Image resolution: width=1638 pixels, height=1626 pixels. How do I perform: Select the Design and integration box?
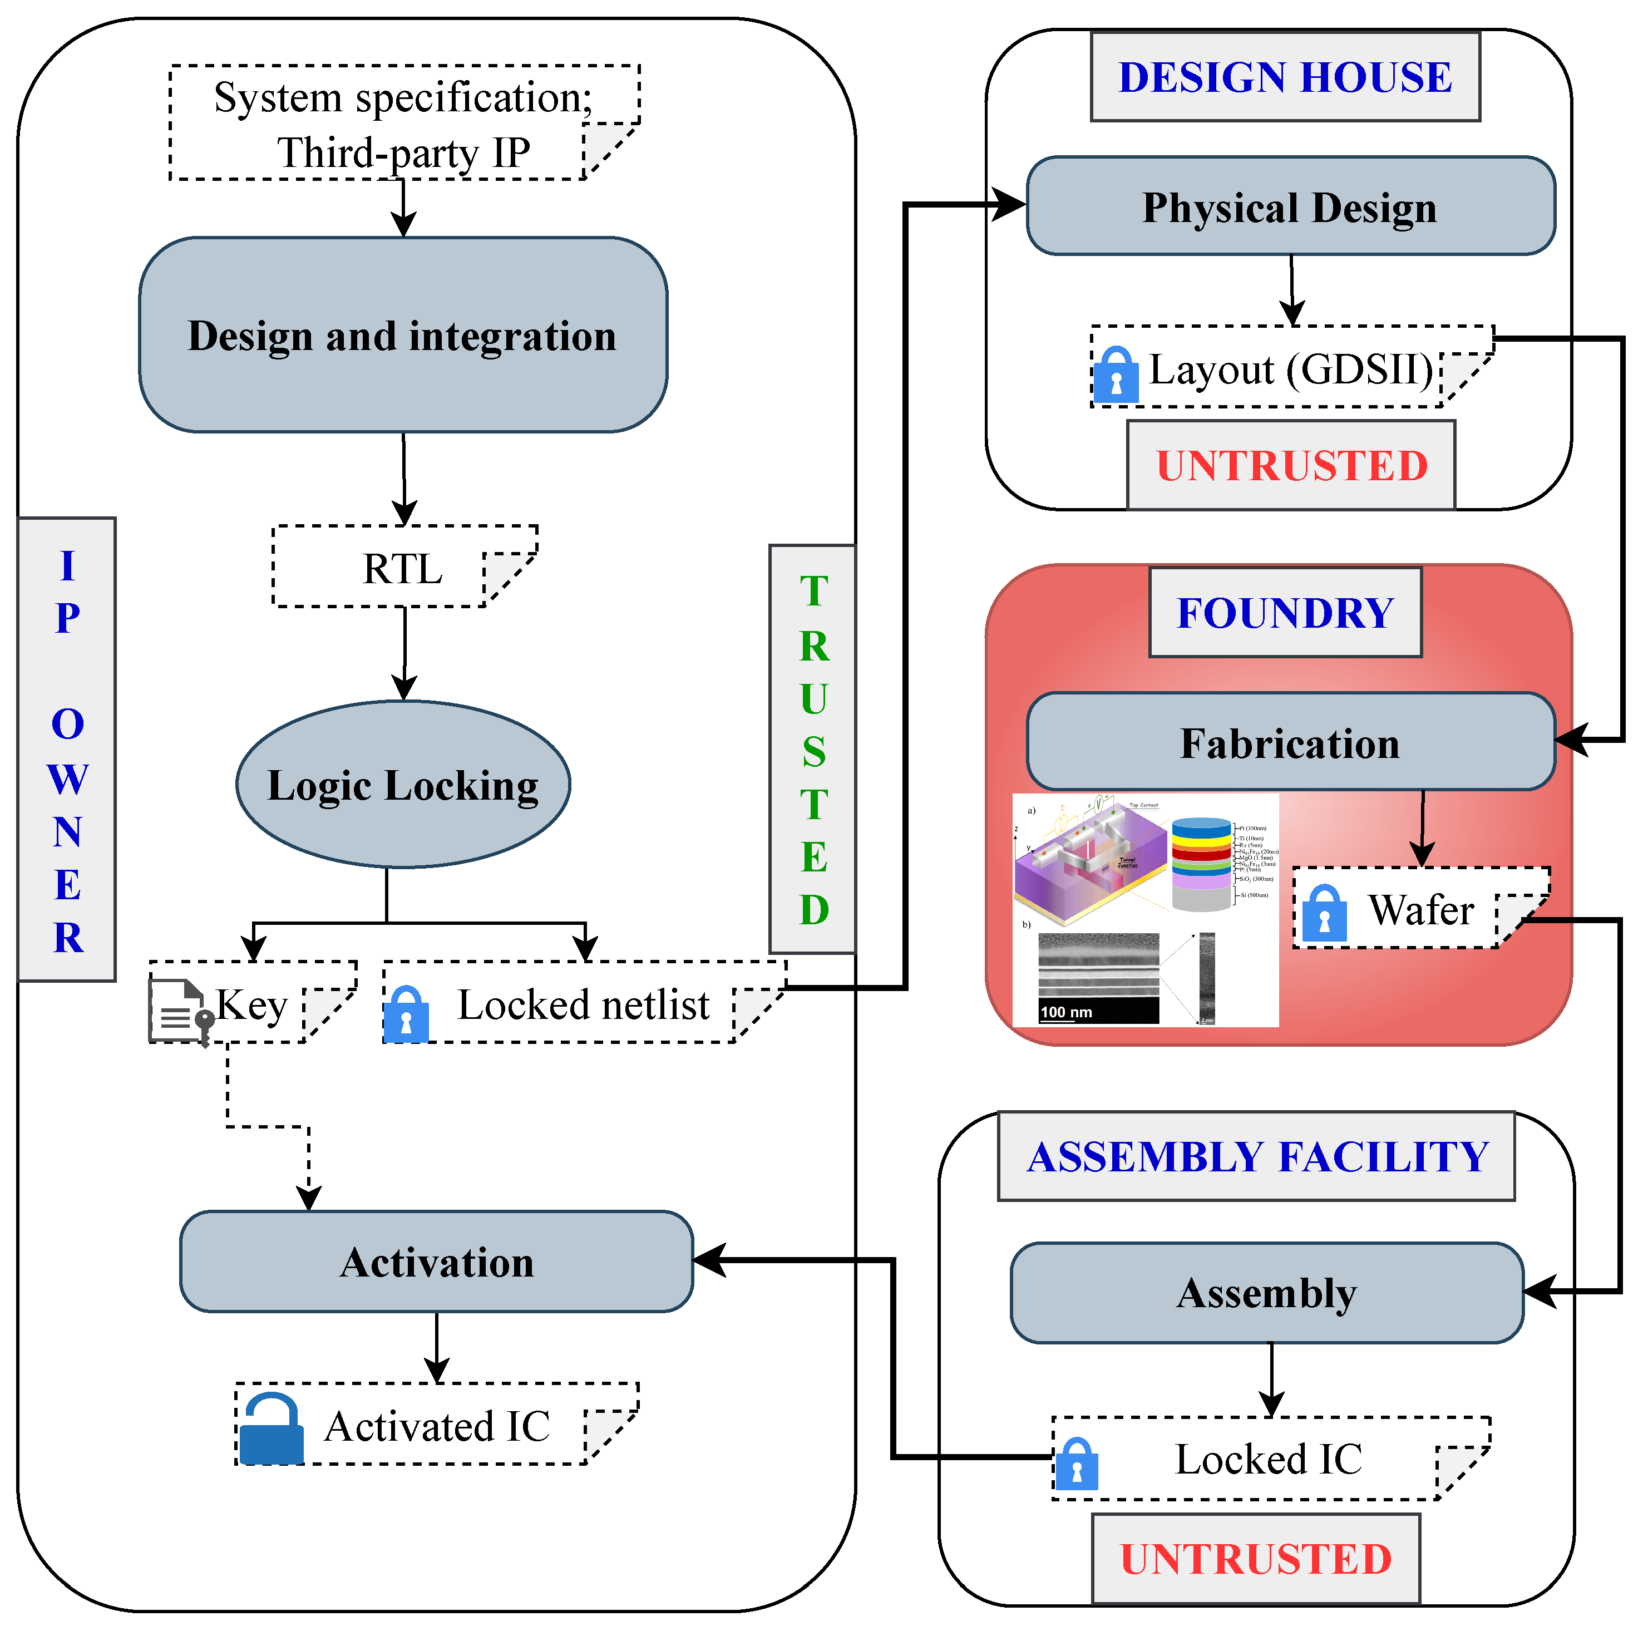[x=403, y=335]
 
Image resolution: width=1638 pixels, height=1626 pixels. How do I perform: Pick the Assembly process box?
[x=1267, y=1293]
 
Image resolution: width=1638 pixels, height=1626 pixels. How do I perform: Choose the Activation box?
[x=437, y=1262]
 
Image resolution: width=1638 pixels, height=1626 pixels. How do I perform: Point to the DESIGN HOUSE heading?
[x=1285, y=77]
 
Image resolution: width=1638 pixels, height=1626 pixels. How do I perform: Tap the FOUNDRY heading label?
[x=1285, y=612]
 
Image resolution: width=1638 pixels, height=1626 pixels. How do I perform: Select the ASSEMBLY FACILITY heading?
[x=1256, y=1156]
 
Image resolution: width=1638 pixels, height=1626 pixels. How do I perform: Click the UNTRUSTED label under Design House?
[x=1291, y=465]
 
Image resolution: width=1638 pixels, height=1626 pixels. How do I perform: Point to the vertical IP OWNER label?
[x=67, y=750]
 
